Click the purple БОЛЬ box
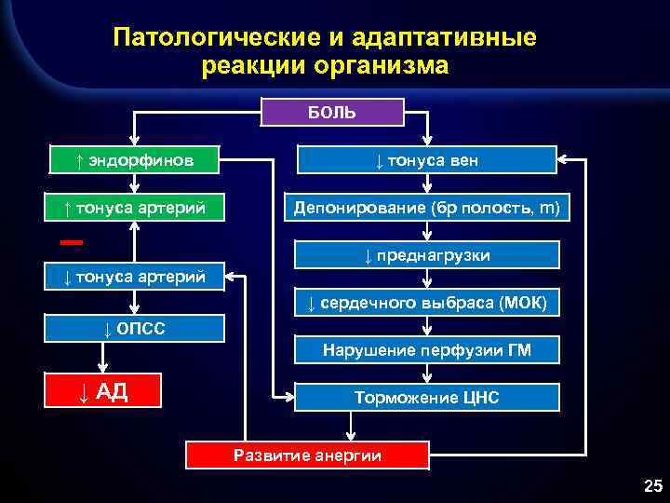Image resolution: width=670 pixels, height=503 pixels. pyautogui.click(x=332, y=113)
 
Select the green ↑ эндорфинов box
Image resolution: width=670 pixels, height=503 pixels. pyautogui.click(x=135, y=160)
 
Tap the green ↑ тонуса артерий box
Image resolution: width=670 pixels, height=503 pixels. pyautogui.click(x=135, y=208)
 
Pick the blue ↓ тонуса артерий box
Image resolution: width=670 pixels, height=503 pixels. pyautogui.click(x=135, y=276)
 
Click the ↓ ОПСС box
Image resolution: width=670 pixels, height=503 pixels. pyautogui.click(x=135, y=329)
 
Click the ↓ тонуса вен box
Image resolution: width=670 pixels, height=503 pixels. pyautogui.click(x=427, y=160)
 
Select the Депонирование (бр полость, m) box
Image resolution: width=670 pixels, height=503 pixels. pyautogui.click(x=427, y=208)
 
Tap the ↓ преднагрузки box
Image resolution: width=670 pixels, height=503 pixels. pyautogui.click(x=427, y=255)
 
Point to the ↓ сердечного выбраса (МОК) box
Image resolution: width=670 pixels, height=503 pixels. pyautogui.click(x=427, y=303)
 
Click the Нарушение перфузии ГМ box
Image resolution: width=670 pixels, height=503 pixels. pyautogui.click(x=427, y=350)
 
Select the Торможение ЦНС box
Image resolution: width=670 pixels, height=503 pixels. pyautogui.click(x=427, y=398)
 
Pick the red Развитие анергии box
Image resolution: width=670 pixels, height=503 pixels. pyautogui.click(x=308, y=455)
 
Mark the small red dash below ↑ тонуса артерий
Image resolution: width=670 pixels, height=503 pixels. pyautogui.click(x=72, y=242)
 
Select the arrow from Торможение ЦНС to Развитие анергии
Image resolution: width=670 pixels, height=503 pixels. pyautogui.click(x=350, y=426)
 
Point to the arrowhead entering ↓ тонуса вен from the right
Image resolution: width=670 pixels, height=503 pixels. pyautogui.click(x=564, y=160)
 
